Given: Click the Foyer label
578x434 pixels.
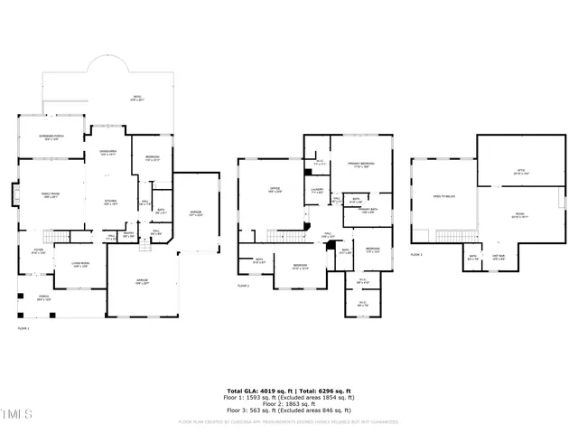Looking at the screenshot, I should click(x=38, y=252).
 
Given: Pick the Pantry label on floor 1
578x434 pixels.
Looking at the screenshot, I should click(x=128, y=235).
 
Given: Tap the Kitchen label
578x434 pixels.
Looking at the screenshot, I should click(x=110, y=203).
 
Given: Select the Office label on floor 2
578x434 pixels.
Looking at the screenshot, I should click(x=275, y=190).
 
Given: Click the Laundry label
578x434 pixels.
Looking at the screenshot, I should click(x=317, y=192).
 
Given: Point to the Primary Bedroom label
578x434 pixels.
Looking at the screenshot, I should click(x=361, y=165).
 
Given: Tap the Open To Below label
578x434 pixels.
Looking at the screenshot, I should click(x=442, y=196).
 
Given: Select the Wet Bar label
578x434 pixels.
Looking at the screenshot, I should click(x=498, y=257).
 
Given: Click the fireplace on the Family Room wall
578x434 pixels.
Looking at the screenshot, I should click(x=15, y=193).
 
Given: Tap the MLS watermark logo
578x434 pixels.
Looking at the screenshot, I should click(x=16, y=415).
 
